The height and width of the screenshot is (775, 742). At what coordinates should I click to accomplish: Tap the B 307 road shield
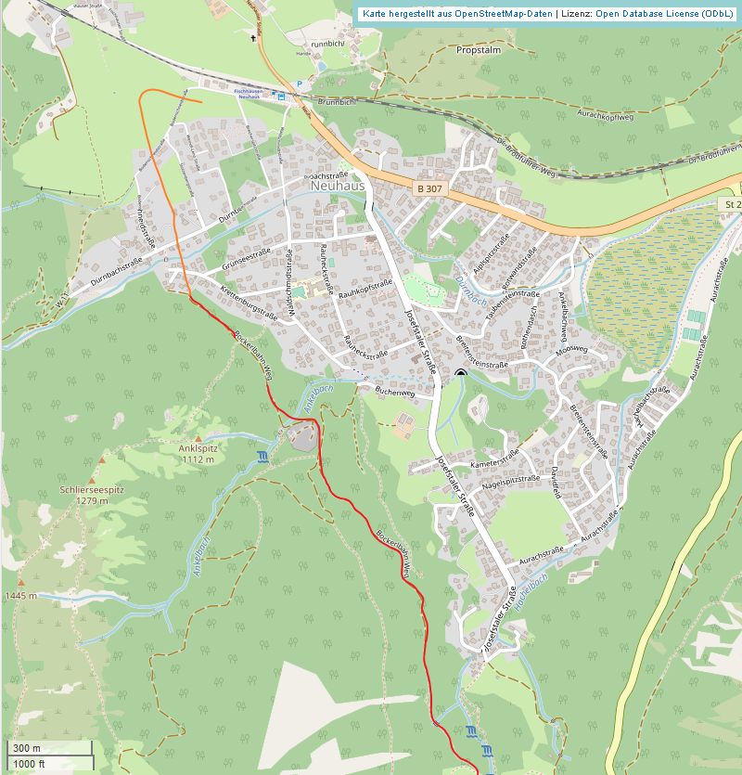point(429,188)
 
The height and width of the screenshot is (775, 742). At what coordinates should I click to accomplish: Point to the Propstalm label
point(480,50)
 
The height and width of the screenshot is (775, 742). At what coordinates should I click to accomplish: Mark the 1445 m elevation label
point(20,595)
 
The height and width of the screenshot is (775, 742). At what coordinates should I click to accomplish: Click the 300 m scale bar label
point(26,748)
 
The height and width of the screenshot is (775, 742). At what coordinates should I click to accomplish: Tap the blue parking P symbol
point(299,84)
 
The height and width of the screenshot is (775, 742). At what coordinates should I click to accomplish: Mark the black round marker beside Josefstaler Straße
point(461,373)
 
